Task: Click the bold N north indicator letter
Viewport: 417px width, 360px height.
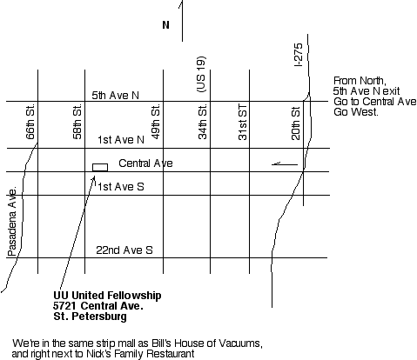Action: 165,25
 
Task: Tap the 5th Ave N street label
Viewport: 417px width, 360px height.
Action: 116,96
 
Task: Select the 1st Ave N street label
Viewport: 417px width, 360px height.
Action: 121,140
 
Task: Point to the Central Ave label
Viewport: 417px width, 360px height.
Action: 145,163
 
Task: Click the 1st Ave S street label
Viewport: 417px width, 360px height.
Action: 121,187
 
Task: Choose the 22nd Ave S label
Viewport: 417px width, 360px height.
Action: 124,250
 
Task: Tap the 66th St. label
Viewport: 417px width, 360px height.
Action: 30,122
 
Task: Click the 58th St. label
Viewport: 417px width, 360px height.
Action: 77,122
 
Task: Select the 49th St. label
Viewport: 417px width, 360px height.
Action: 156,122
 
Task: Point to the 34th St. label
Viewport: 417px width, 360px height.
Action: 203,122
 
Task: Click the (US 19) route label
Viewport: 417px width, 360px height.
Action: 201,74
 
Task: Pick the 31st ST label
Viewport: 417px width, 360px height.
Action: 243,122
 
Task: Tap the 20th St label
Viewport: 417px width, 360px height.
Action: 295,123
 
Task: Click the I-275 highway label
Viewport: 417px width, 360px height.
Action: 299,55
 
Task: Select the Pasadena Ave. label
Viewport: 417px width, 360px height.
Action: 12,222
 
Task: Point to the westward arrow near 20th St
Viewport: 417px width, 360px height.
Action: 285,164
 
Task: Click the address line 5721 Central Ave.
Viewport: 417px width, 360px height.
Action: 98,306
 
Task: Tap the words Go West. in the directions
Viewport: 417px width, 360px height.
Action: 356,112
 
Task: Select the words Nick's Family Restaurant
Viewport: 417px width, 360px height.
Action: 140,354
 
